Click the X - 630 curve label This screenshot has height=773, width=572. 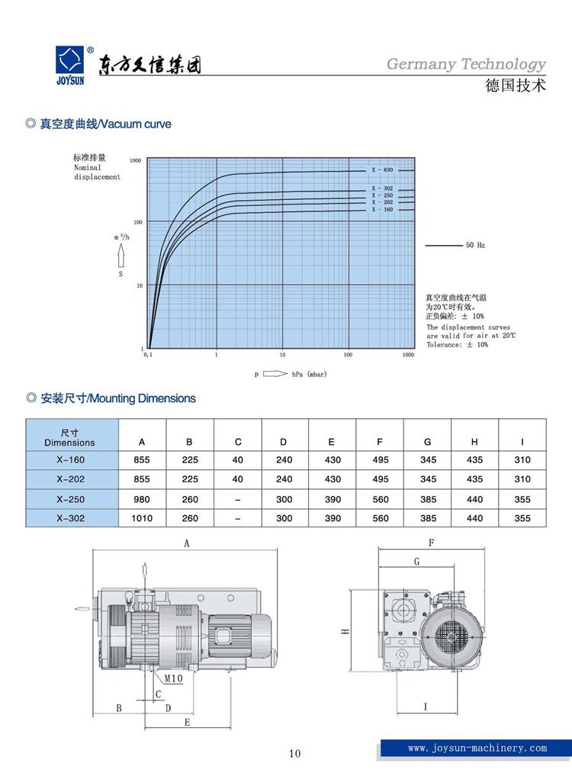(382, 169)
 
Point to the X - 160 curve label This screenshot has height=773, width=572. (382, 209)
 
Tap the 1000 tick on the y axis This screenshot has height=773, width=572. (136, 161)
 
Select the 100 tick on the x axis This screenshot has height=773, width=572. (349, 355)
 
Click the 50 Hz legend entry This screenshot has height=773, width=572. (475, 246)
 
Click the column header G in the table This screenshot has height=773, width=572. (428, 442)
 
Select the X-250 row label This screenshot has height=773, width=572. (71, 500)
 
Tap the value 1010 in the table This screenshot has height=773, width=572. (143, 518)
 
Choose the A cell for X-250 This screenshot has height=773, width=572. (143, 500)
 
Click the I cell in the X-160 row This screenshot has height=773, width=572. (522, 460)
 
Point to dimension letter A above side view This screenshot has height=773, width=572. (186, 543)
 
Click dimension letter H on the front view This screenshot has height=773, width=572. (345, 632)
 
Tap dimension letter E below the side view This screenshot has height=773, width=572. (188, 722)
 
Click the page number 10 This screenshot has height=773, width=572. (295, 754)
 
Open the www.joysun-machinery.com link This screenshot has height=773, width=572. (477, 749)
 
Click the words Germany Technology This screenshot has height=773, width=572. (466, 65)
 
